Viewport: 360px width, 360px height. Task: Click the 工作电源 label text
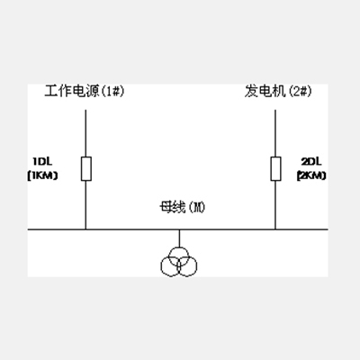[72, 91]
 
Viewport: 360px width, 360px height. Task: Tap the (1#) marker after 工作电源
[112, 91]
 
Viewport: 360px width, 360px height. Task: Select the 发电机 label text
[265, 91]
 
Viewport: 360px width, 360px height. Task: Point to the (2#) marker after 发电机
[300, 91]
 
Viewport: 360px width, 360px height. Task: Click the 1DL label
[42, 162]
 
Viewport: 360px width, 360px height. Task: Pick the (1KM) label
[42, 175]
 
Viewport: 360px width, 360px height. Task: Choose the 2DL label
[311, 162]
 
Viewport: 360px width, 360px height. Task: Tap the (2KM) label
[311, 175]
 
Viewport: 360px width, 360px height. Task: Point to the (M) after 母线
[196, 208]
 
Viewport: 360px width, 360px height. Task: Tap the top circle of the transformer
[179, 247]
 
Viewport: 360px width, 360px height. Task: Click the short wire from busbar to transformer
[179, 238]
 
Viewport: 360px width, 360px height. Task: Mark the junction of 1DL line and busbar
[85, 229]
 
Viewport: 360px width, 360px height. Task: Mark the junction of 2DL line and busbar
[275, 229]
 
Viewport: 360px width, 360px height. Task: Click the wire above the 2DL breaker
[275, 133]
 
